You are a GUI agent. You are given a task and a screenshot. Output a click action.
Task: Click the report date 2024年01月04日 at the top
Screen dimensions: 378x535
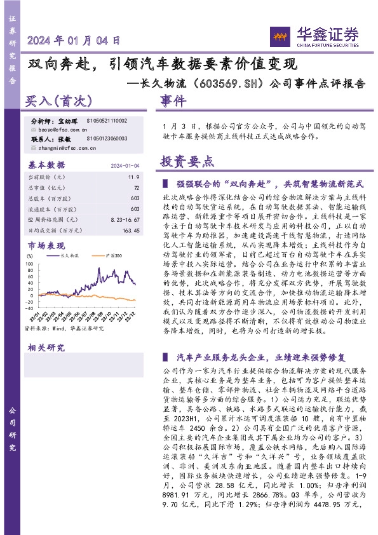pyautogui.click(x=74, y=41)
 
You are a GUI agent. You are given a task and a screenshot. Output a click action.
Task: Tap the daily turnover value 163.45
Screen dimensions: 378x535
pyautogui.click(x=130, y=230)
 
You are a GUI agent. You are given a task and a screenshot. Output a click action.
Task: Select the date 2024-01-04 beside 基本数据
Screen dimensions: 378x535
pyautogui.click(x=125, y=165)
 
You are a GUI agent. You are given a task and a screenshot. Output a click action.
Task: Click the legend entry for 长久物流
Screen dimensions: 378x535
pyautogui.click(x=69, y=255)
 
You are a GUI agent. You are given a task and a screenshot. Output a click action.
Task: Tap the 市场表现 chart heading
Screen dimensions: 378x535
pyautogui.click(x=46, y=245)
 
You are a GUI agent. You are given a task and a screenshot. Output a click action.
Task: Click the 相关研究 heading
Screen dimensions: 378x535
pyautogui.click(x=46, y=348)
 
